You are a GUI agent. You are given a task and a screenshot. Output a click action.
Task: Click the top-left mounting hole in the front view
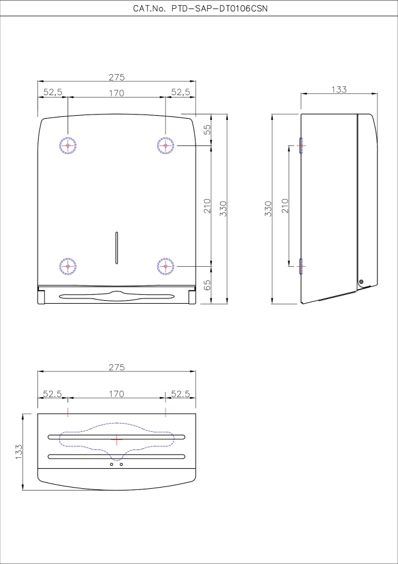pyautogui.click(x=68, y=145)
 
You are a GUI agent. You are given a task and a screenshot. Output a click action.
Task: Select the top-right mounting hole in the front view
pyautogui.click(x=166, y=145)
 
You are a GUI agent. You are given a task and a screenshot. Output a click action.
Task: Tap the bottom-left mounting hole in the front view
pyautogui.click(x=68, y=266)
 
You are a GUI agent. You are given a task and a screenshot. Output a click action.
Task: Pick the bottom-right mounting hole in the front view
pyautogui.click(x=166, y=266)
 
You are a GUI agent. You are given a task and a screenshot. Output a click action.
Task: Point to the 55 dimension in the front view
pyautogui.click(x=207, y=130)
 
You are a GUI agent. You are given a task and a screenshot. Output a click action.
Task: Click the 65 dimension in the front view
pyautogui.click(x=207, y=286)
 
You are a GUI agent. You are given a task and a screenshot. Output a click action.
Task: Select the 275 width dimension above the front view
pyautogui.click(x=117, y=77)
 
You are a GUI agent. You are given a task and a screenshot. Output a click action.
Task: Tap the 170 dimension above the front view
pyautogui.click(x=117, y=92)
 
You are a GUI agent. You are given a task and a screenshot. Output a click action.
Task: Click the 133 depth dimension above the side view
pyautogui.click(x=339, y=89)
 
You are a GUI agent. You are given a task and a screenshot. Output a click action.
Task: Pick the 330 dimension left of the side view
pyautogui.click(x=268, y=209)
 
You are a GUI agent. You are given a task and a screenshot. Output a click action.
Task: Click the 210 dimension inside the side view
pyautogui.click(x=285, y=205)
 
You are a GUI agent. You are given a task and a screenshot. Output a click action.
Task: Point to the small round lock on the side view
pyautogui.click(x=361, y=283)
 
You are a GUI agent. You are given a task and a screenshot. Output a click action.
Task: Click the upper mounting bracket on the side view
pyautogui.click(x=301, y=145)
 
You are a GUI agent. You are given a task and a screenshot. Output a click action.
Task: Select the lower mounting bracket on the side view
pyautogui.click(x=301, y=266)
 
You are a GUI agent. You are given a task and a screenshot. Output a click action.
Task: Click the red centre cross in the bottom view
pyautogui.click(x=117, y=439)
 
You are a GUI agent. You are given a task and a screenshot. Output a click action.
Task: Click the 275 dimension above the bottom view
pyautogui.click(x=117, y=367)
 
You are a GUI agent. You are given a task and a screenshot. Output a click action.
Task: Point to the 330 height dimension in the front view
pyautogui.click(x=222, y=209)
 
